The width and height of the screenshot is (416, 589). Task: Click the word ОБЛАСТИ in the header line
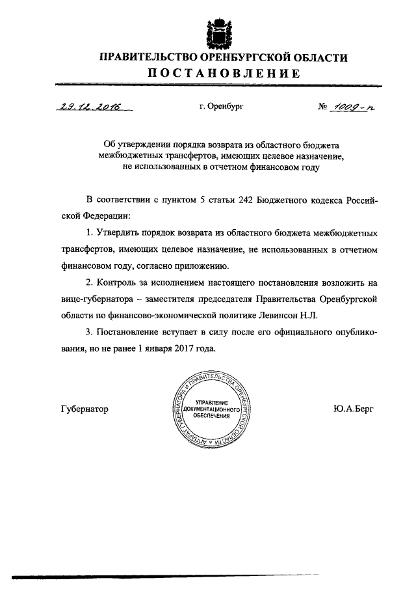pyautogui.click(x=320, y=57)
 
